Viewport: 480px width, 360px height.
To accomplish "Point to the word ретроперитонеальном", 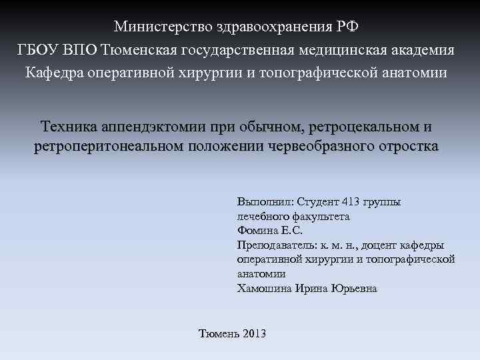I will tap(109, 147).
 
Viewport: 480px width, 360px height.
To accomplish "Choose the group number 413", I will tap(351, 202).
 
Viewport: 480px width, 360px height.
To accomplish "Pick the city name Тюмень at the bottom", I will tap(220, 333).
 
